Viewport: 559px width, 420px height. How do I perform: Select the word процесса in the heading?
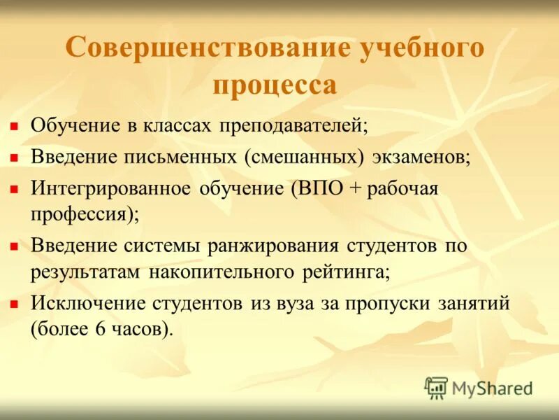coord(275,86)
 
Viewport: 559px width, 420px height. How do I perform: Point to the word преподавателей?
coord(294,126)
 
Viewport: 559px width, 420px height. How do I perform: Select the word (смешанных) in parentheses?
coord(305,157)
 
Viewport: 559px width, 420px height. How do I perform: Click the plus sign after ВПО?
coord(355,188)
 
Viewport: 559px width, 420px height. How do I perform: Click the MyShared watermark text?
coord(492,387)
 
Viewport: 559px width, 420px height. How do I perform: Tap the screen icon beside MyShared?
coord(436,387)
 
